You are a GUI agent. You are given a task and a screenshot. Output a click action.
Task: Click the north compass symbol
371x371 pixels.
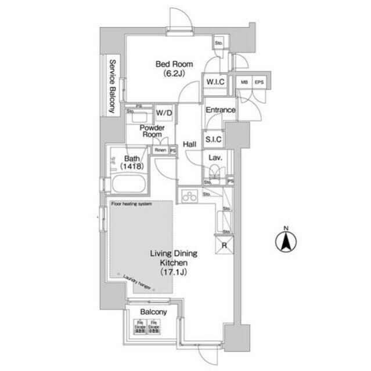286,241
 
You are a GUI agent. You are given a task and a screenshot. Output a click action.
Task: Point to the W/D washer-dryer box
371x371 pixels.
163,112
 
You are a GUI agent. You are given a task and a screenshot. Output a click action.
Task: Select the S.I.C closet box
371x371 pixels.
213,140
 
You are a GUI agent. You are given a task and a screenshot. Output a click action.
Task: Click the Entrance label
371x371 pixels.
220,110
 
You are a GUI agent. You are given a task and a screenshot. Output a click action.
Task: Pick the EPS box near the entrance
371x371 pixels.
259,82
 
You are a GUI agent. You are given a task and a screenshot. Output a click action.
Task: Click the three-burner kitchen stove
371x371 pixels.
189,197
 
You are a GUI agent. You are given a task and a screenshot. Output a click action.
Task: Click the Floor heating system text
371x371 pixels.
131,204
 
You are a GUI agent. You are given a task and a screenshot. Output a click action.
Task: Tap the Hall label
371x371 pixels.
189,144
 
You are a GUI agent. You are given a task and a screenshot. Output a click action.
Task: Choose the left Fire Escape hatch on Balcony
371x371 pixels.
139,328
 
